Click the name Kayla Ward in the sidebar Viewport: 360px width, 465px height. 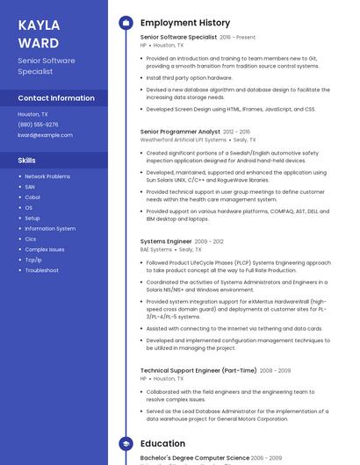point(39,33)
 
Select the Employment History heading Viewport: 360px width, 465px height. point(185,23)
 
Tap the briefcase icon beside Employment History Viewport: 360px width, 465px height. point(126,23)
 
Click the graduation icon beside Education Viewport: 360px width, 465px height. point(126,444)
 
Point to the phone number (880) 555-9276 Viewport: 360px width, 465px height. point(38,125)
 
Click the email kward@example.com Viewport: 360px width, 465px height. point(45,135)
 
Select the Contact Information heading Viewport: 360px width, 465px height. point(56,98)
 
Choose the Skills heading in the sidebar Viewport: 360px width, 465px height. point(27,161)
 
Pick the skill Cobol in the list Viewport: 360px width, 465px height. point(32,197)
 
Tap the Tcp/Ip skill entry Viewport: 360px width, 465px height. point(33,260)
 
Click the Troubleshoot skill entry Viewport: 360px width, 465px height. point(41,270)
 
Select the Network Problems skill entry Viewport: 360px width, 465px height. point(47,176)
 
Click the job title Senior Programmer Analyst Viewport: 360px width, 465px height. point(180,132)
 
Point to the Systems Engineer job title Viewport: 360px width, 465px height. point(166,241)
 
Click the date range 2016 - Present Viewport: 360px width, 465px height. point(238,38)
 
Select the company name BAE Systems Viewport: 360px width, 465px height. point(156,249)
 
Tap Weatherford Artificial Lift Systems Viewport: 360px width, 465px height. point(183,139)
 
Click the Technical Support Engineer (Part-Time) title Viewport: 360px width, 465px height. point(198,370)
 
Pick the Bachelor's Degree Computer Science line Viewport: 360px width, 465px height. point(194,458)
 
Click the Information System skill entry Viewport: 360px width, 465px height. point(50,228)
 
